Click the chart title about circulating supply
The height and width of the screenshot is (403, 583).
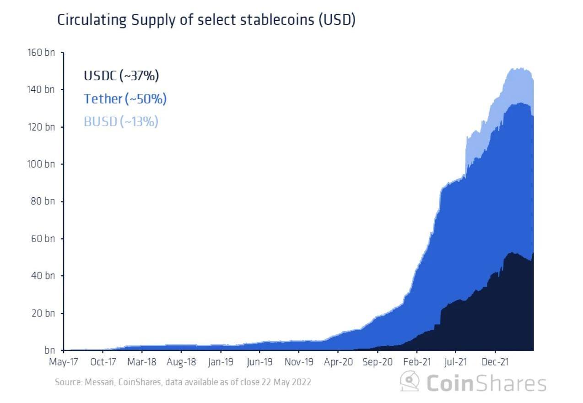point(206,21)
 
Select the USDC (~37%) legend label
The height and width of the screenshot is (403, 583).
point(121,76)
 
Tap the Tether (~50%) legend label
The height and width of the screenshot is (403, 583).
point(125,98)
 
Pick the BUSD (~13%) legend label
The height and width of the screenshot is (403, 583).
point(121,121)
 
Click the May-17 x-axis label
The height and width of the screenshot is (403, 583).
point(64,362)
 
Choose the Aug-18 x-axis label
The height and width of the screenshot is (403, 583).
point(182,362)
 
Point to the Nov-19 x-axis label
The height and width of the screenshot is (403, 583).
point(299,362)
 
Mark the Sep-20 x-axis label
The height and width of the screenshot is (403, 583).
point(378,362)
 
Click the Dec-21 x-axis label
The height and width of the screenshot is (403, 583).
point(496,362)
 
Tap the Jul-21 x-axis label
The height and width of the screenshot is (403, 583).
point(456,362)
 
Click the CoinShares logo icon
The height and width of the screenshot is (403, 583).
point(410,381)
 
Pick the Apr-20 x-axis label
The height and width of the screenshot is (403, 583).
point(338,362)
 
